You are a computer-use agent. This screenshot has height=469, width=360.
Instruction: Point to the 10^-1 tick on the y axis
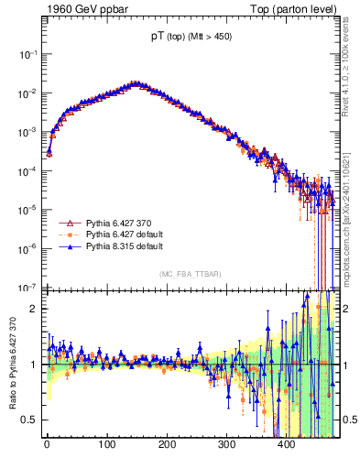(27, 55)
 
